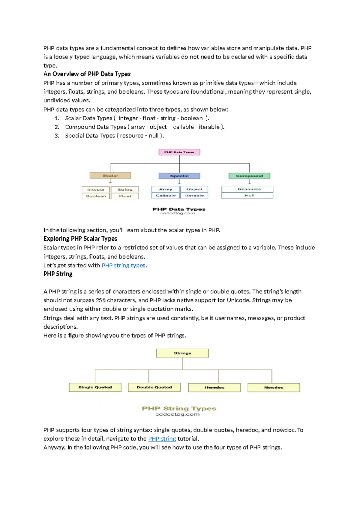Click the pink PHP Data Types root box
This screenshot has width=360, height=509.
pos(179,152)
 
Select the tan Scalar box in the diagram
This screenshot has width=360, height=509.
pos(110,176)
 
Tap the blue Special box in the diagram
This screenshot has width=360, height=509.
pos(179,176)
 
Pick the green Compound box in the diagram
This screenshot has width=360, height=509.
pos(249,176)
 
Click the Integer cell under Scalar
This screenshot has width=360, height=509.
pos(96,190)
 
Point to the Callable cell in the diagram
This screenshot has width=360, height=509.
pos(166,196)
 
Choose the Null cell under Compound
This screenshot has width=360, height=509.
pos(247,195)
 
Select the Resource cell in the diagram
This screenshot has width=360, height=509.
pos(247,189)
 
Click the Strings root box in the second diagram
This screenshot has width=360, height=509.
pos(182,353)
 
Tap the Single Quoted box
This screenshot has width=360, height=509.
pos(95,387)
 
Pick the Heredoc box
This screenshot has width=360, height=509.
pos(214,387)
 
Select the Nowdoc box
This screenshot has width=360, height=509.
pos(274,387)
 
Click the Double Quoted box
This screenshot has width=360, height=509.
pos(154,387)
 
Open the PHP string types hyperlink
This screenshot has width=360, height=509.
pos(123,265)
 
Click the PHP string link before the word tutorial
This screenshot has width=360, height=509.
pos(162,438)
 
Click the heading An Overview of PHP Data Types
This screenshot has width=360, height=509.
pos(87,74)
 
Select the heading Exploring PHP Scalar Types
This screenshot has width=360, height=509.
pos(80,239)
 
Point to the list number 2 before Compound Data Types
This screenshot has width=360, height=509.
pos(57,127)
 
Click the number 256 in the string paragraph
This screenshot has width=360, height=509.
pos(100,300)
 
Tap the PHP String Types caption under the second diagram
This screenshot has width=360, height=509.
pos(179,408)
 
